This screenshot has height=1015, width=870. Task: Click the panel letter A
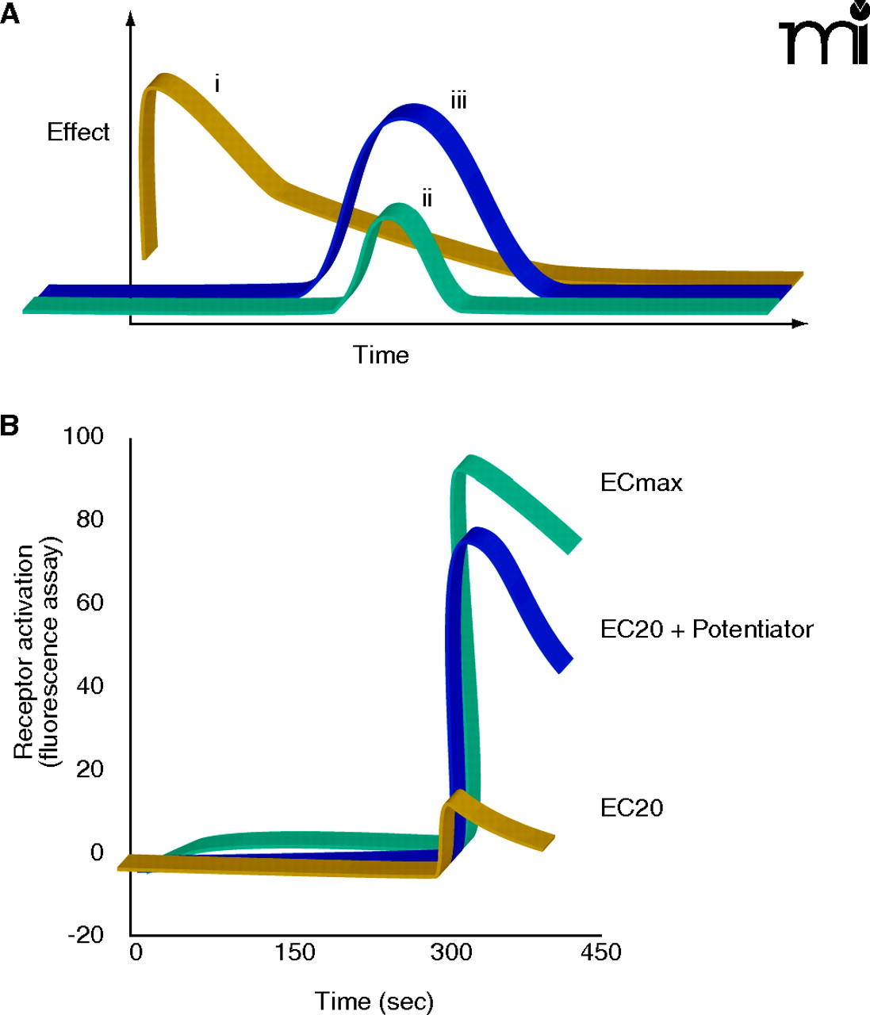click(x=10, y=16)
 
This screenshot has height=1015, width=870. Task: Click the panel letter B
click(x=10, y=426)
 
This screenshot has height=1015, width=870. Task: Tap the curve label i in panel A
click(x=217, y=83)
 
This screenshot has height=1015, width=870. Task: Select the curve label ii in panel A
click(x=427, y=198)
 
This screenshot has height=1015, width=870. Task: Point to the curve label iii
click(x=458, y=101)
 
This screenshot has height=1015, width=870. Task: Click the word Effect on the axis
click(x=78, y=132)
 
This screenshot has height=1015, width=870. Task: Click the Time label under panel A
click(x=381, y=355)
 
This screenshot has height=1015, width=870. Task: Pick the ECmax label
click(x=641, y=483)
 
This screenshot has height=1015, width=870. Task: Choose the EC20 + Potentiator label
click(x=707, y=630)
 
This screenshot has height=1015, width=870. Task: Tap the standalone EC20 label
click(x=631, y=808)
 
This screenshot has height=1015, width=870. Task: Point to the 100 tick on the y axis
click(x=85, y=436)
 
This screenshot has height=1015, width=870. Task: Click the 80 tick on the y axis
click(x=90, y=519)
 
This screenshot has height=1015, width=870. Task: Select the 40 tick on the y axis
click(x=90, y=686)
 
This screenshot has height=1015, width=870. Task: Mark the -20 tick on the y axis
click(x=85, y=936)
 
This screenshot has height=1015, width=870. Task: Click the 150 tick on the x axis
click(x=295, y=952)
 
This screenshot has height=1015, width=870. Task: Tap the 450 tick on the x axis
click(x=600, y=952)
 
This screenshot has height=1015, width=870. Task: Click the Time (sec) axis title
click(x=374, y=1002)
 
